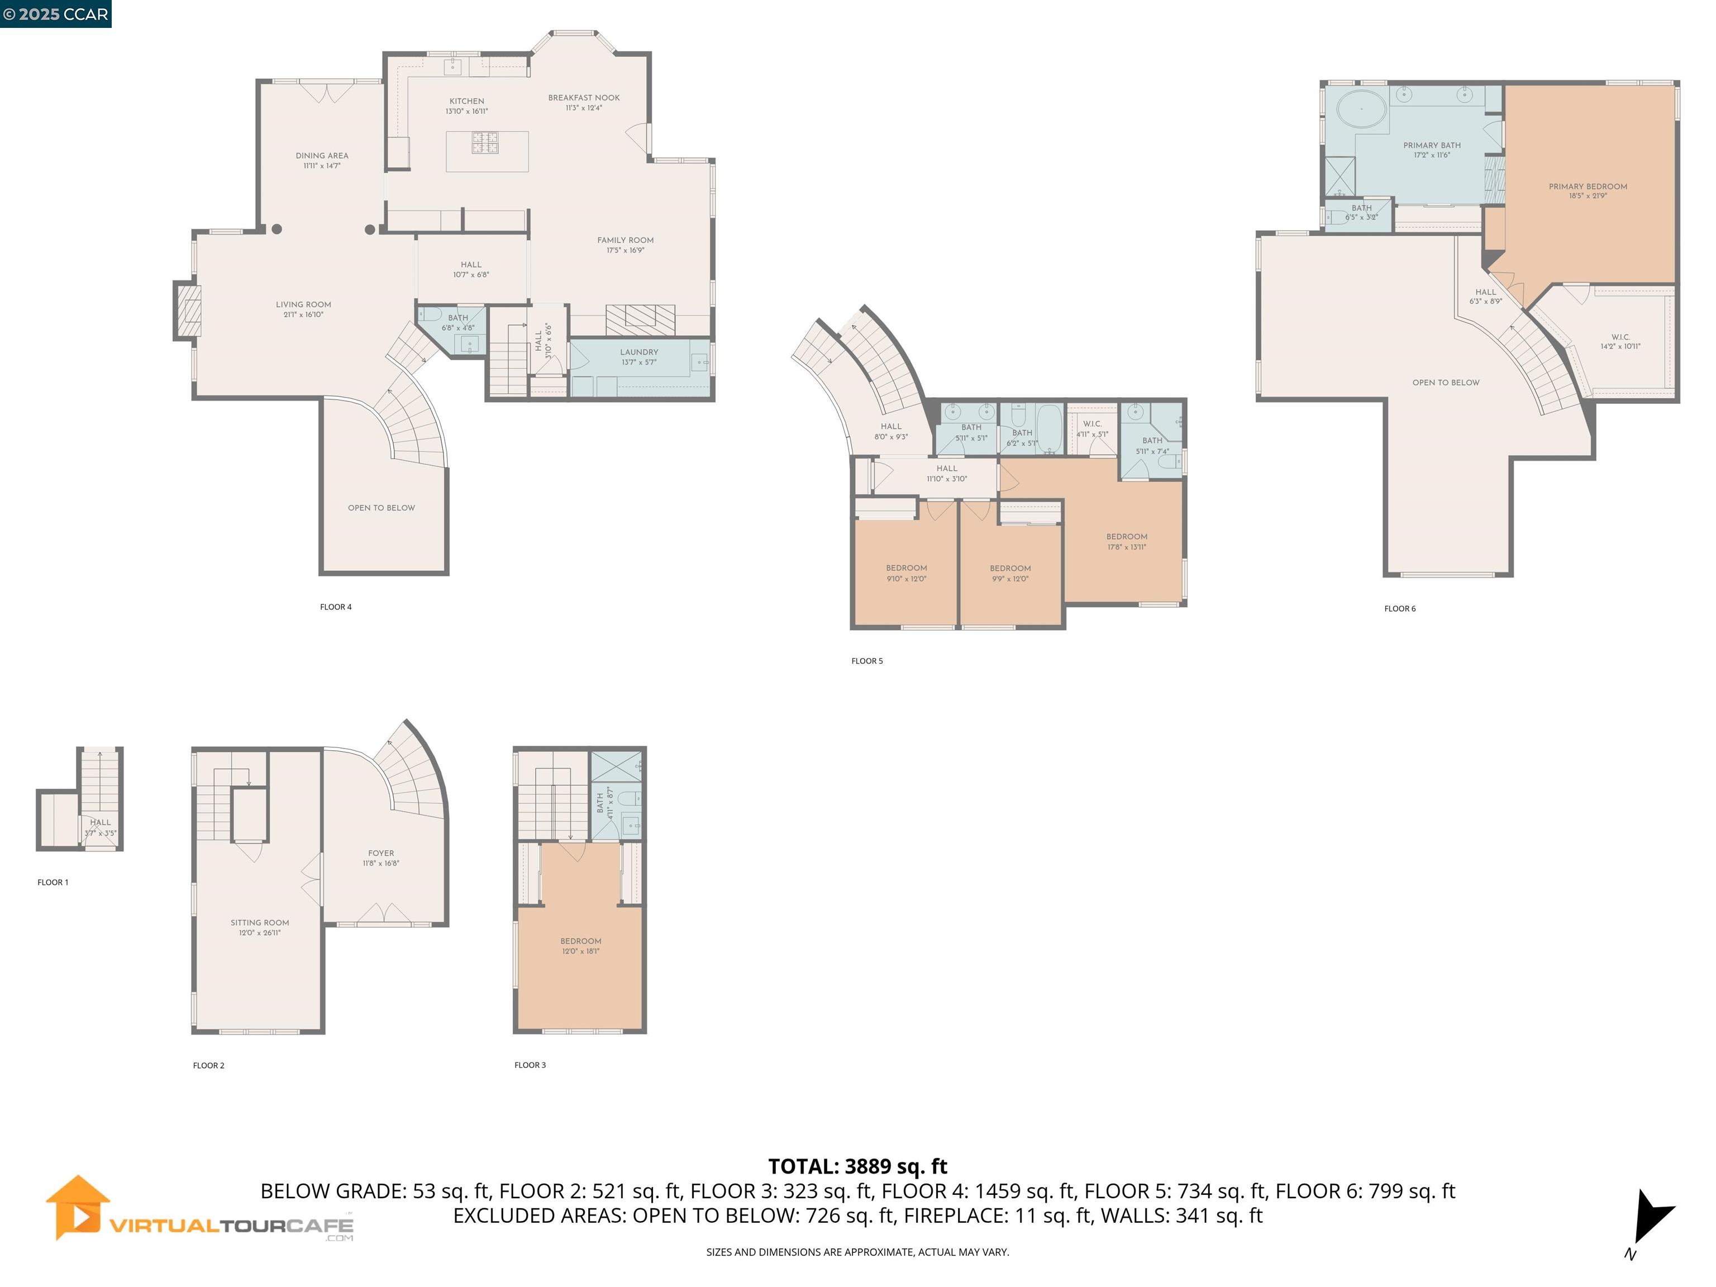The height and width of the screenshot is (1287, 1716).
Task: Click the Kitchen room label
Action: (x=466, y=106)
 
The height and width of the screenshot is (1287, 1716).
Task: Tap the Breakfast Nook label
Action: (x=583, y=102)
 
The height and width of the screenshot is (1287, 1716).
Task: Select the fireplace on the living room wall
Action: (x=188, y=311)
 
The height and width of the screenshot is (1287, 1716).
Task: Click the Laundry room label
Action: (x=638, y=356)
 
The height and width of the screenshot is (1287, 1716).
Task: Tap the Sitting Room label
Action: (x=259, y=927)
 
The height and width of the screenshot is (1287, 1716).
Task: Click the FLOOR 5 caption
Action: (x=866, y=661)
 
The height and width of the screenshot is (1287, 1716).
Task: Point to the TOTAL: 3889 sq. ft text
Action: (x=857, y=1166)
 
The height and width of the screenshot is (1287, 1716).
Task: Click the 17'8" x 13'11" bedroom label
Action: (x=1127, y=541)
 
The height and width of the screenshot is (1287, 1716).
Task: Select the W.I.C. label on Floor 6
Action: (x=1620, y=341)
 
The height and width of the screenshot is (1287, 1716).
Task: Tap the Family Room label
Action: (x=625, y=244)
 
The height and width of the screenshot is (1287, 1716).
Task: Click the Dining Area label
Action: (x=321, y=160)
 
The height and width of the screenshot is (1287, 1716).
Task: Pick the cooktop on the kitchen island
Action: (x=485, y=142)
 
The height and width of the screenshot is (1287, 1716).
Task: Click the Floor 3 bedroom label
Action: (x=580, y=946)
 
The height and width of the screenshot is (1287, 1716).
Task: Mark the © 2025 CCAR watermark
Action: (x=55, y=13)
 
